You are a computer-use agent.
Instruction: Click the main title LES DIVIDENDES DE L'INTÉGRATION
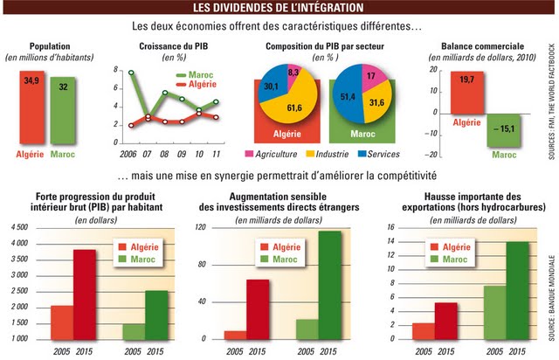pyautogui.click(x=279, y=9)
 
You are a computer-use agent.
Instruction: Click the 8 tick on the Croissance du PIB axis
pyautogui.click(x=116, y=70)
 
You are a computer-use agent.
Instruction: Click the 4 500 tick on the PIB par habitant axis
pyautogui.click(x=17, y=227)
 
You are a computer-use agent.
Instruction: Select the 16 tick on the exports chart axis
pyautogui.click(x=391, y=227)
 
